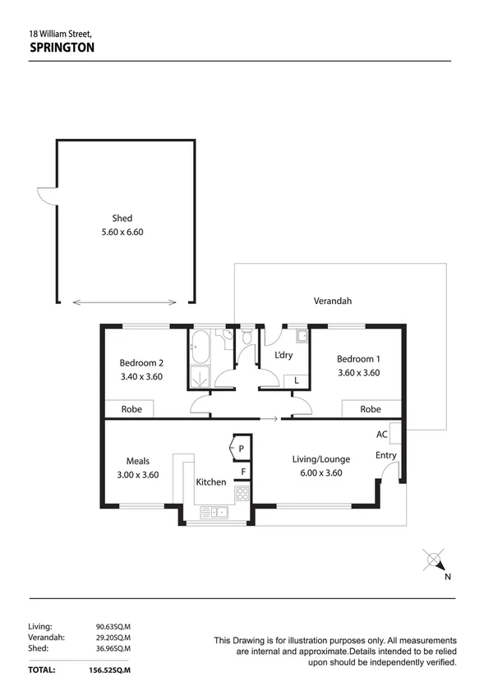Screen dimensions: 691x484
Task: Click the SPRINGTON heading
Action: [62, 48]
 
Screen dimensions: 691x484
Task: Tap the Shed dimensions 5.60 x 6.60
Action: [122, 232]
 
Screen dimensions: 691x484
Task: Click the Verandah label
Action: [332, 301]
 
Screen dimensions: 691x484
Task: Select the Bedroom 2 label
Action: [141, 362]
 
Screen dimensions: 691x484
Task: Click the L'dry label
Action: [283, 355]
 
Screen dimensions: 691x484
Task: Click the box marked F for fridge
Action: [243, 472]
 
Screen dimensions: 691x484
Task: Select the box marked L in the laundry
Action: [296, 380]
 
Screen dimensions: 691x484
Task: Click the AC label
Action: [382, 434]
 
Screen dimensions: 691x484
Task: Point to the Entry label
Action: [386, 455]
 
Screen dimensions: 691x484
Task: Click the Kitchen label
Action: [210, 482]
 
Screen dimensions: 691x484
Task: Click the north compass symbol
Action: [434, 560]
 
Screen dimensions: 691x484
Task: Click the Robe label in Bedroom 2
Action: [132, 408]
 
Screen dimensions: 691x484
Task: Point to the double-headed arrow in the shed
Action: [126, 302]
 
